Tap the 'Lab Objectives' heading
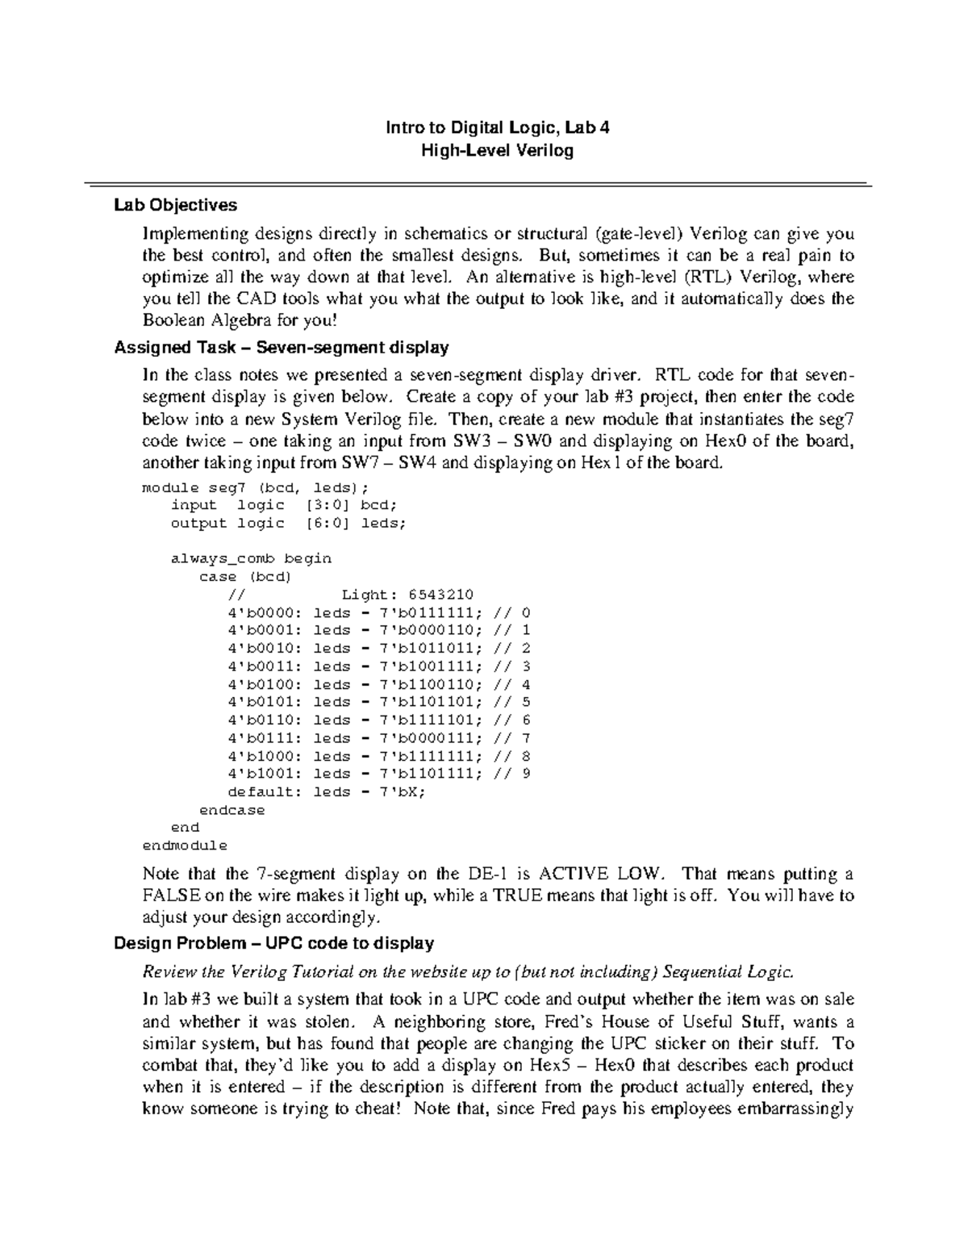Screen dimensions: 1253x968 tap(176, 205)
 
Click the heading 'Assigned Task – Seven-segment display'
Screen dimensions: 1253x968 tap(282, 348)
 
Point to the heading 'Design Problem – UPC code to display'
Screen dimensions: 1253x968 tap(274, 943)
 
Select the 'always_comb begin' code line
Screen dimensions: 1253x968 tap(251, 558)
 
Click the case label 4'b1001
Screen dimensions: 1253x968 tap(263, 774)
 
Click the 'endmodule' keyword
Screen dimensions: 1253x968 tap(185, 846)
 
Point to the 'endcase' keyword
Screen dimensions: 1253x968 tap(232, 810)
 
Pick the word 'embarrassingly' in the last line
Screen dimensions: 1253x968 tap(797, 1109)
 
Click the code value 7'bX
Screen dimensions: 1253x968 tap(401, 791)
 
